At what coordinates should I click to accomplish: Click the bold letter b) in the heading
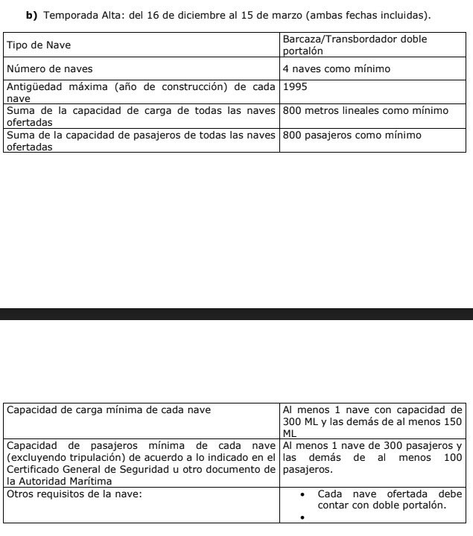click(32, 15)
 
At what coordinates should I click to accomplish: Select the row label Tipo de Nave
click(39, 45)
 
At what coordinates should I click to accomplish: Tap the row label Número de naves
click(49, 69)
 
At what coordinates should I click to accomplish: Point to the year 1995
click(296, 86)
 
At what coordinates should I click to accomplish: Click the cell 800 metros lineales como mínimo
click(365, 111)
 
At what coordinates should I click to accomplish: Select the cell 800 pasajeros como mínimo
click(352, 135)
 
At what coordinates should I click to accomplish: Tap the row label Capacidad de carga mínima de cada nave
click(109, 409)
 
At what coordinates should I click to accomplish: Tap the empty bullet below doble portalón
click(303, 517)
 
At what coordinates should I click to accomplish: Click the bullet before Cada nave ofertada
click(303, 494)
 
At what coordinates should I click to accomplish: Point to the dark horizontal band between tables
click(236, 313)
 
